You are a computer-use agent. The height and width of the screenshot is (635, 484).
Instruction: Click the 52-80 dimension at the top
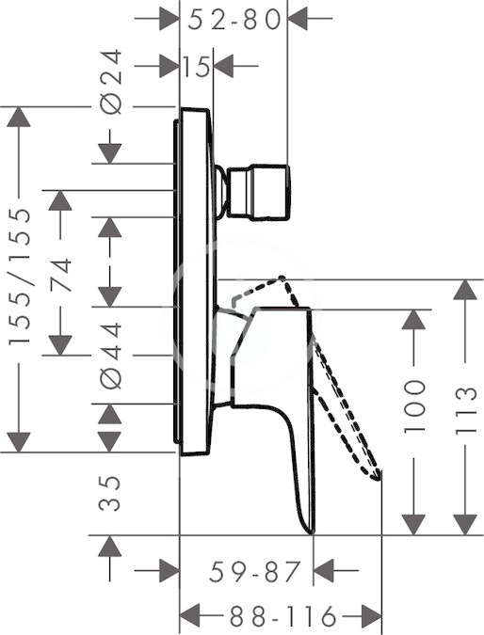pos(234,20)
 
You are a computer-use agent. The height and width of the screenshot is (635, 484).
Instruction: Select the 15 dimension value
pos(196,67)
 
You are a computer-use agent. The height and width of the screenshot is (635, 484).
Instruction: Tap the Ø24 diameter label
pos(111,82)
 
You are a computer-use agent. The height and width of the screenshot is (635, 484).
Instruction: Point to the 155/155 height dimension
pos(20,277)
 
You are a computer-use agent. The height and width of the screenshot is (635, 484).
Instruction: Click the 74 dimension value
pos(61,275)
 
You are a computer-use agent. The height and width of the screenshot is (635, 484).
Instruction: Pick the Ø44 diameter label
pos(111,356)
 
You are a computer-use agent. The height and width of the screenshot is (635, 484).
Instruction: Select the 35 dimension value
pos(110,493)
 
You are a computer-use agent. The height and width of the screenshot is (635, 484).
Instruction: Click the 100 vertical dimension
pos(414,405)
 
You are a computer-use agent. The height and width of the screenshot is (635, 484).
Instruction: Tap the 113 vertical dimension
pos(465,411)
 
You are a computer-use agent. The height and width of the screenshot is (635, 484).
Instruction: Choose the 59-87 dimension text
pos(255,571)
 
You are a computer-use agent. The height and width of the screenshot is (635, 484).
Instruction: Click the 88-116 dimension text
pos(282,616)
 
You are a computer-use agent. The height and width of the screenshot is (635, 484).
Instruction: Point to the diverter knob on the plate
pos(253,192)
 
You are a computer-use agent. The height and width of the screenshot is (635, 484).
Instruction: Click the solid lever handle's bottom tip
pos(312,532)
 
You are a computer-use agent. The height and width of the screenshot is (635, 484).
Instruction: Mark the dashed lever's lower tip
pos(379,478)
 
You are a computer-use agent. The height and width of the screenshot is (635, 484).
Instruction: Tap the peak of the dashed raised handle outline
pos(282,277)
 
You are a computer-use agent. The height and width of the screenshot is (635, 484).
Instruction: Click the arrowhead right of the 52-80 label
pos(298,18)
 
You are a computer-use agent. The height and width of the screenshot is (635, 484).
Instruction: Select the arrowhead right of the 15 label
pos(223,66)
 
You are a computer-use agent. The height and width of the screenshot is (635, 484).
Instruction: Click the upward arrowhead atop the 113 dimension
pos(465,290)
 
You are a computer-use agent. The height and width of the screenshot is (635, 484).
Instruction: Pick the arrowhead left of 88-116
pos(190,616)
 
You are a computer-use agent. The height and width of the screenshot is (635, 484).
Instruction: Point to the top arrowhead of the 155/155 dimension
pos(19,117)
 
